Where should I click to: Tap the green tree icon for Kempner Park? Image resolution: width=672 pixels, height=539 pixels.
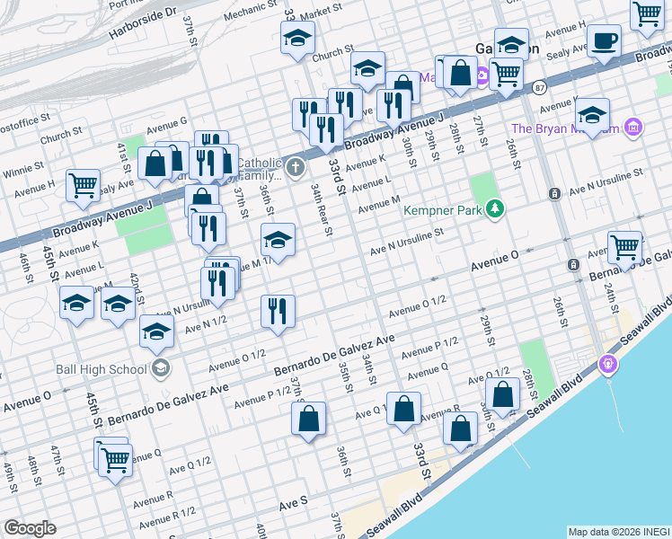(x=494, y=209)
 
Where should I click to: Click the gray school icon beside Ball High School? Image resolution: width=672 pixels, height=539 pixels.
(x=160, y=367)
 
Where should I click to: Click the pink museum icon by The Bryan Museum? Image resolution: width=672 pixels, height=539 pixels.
(x=634, y=128)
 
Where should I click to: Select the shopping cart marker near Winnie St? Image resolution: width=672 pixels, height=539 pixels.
(x=83, y=185)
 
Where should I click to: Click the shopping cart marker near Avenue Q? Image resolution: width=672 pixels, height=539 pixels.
(x=115, y=460)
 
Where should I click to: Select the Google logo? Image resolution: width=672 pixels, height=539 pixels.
(x=30, y=528)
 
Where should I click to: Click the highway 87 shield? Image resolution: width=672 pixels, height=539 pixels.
(x=538, y=88)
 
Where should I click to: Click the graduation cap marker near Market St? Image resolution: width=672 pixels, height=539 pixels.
(x=297, y=38)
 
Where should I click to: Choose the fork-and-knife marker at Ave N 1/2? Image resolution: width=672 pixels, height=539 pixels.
(x=278, y=311)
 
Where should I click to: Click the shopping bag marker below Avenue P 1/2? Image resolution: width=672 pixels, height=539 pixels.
(x=308, y=418)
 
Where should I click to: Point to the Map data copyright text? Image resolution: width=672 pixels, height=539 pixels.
(x=618, y=531)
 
